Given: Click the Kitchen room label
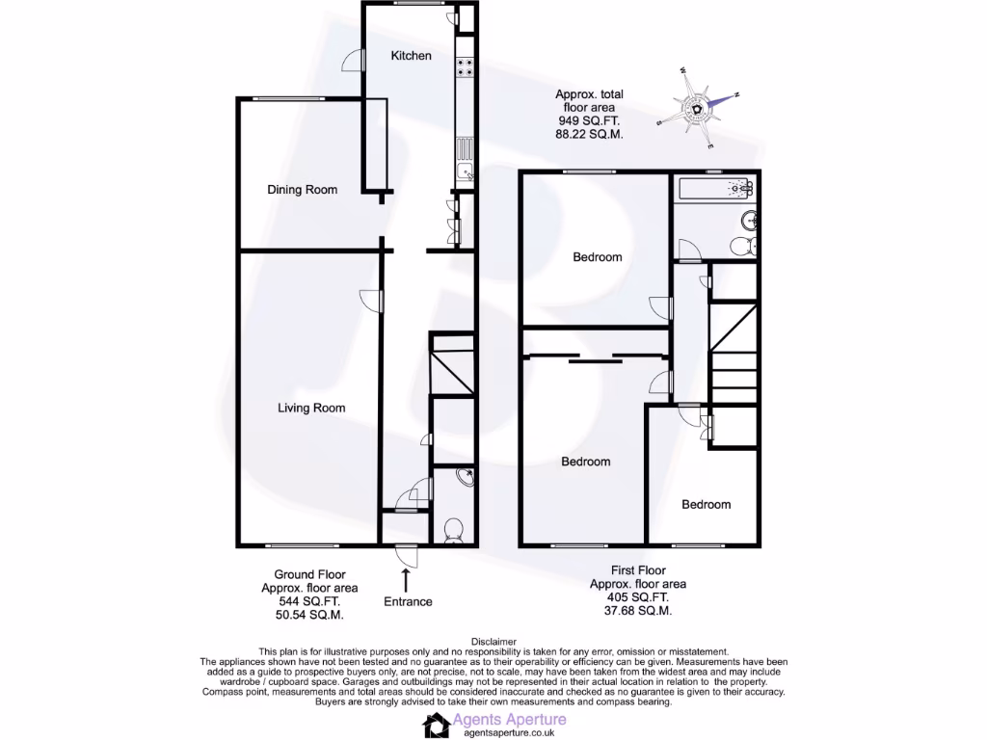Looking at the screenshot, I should tap(411, 56).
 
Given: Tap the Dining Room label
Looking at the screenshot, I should tap(303, 190).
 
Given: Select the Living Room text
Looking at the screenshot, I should tap(311, 409).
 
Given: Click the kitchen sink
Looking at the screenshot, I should tap(465, 172).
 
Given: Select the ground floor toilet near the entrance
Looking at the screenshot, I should tap(454, 529).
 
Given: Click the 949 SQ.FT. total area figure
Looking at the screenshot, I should tap(590, 121).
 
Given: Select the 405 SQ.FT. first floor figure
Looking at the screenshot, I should tap(637, 597).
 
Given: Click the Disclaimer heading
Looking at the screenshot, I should tap(493, 642).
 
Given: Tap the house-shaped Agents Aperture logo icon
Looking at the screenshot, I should tap(436, 726).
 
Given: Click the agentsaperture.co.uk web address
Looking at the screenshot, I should tap(510, 733).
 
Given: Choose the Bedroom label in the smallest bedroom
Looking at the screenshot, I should tap(707, 505).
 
